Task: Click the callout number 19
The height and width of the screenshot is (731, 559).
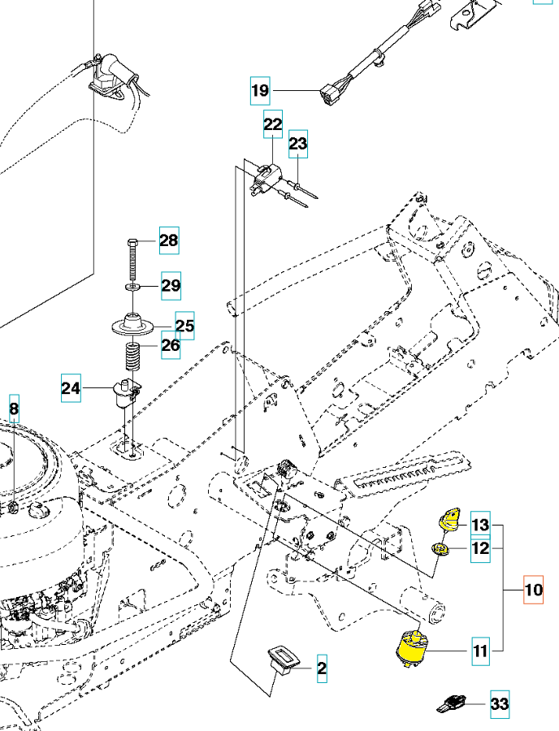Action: pos(259,90)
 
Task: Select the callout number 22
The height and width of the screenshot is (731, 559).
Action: pos(272,124)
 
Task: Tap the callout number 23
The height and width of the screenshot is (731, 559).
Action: pos(298,145)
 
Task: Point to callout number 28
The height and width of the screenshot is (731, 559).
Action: pos(168,240)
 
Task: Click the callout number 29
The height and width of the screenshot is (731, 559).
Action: pos(170,285)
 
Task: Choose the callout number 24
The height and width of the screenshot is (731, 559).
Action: pos(71,389)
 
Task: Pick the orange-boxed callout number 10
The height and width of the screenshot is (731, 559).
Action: pos(532,589)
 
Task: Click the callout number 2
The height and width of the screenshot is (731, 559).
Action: pos(322,669)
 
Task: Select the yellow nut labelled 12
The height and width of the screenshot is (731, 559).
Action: pos(441,550)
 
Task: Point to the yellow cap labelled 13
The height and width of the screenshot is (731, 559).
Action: pos(449,517)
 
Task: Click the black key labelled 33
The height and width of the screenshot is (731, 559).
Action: pos(452,704)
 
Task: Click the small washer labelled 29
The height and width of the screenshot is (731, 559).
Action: pos(132,287)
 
